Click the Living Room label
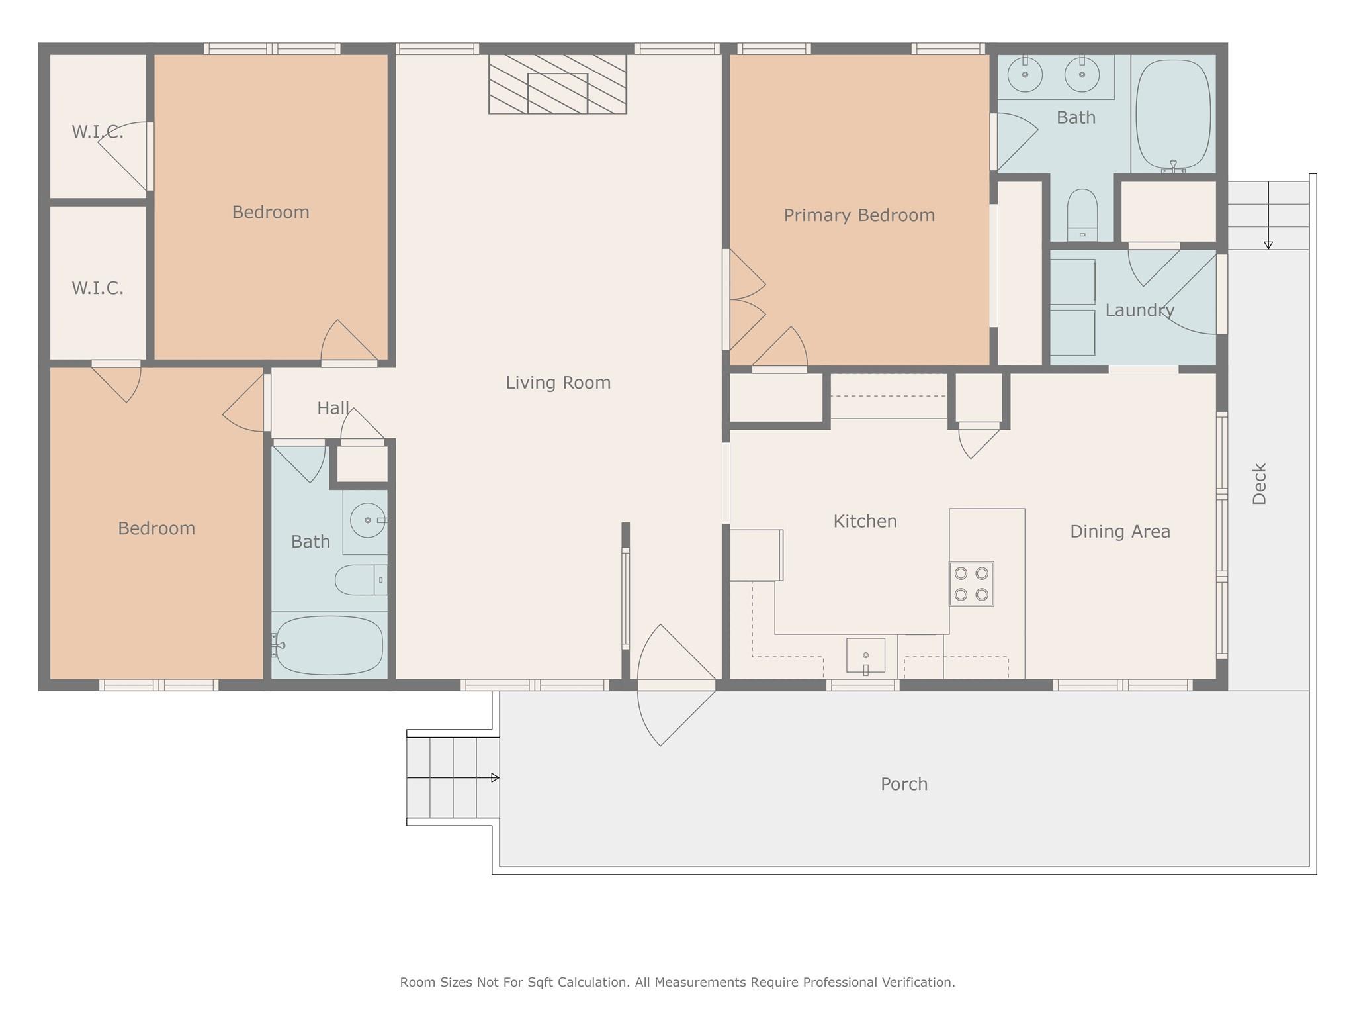tap(558, 383)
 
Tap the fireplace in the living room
tap(557, 85)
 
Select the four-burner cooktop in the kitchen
tap(971, 583)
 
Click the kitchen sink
tap(865, 655)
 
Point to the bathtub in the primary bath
tap(1172, 115)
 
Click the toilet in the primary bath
tap(1082, 213)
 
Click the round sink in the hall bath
tap(367, 520)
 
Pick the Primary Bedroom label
tap(859, 215)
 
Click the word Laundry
tap(1139, 310)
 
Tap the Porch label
tap(904, 784)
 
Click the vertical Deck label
tap(1259, 483)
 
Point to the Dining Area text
tap(1119, 532)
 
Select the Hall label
tap(333, 408)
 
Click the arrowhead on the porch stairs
tap(495, 778)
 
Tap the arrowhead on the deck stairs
tap(1268, 245)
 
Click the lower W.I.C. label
tap(97, 288)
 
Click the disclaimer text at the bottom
tap(677, 982)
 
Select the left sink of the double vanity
tap(1025, 74)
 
